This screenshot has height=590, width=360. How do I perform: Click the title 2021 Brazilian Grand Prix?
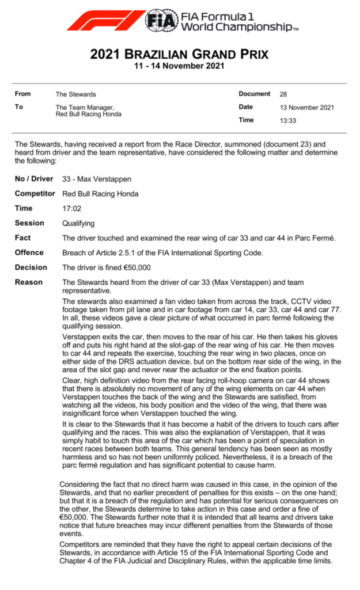(179, 55)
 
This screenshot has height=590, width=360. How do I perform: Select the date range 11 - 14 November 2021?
(179, 66)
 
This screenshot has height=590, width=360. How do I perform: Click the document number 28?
(283, 94)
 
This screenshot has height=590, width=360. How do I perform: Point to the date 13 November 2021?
(306, 107)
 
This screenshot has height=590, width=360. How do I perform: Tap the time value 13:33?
(287, 120)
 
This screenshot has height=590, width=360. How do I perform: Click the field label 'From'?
(23, 94)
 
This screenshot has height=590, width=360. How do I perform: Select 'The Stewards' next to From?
(75, 94)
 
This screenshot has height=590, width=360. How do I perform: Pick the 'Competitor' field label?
(35, 194)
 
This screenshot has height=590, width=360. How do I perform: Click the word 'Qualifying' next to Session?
(78, 223)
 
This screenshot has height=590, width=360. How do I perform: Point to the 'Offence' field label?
(29, 252)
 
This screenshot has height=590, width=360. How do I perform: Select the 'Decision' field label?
(31, 267)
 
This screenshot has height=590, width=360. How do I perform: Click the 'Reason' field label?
(29, 282)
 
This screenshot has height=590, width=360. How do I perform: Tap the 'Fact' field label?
(23, 238)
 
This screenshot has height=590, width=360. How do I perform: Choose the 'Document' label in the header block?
(254, 94)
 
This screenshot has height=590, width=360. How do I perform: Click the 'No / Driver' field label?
(33, 179)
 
